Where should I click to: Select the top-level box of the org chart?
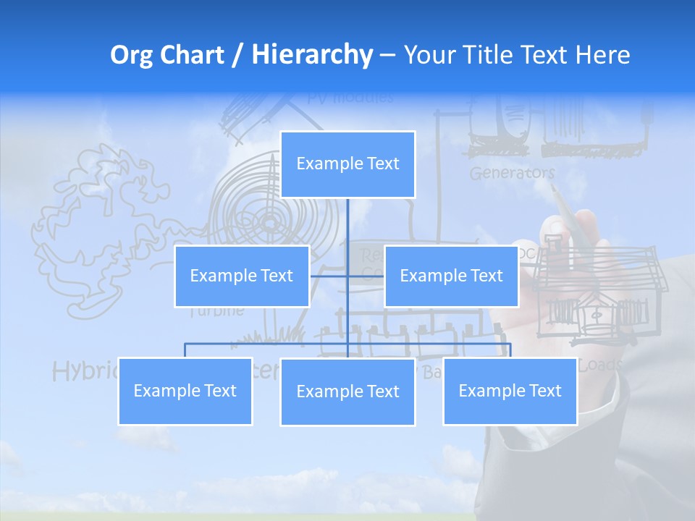click(x=347, y=164)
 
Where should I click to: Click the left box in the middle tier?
click(x=242, y=276)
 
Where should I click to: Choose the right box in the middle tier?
click(x=451, y=276)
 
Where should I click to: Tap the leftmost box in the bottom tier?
click(x=185, y=391)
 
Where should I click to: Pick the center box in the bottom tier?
click(x=347, y=391)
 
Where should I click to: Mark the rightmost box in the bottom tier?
click(x=510, y=391)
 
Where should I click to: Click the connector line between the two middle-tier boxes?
click(x=347, y=276)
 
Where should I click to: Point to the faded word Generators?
click(x=512, y=173)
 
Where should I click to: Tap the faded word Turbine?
click(x=217, y=312)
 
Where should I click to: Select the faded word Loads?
click(x=600, y=365)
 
